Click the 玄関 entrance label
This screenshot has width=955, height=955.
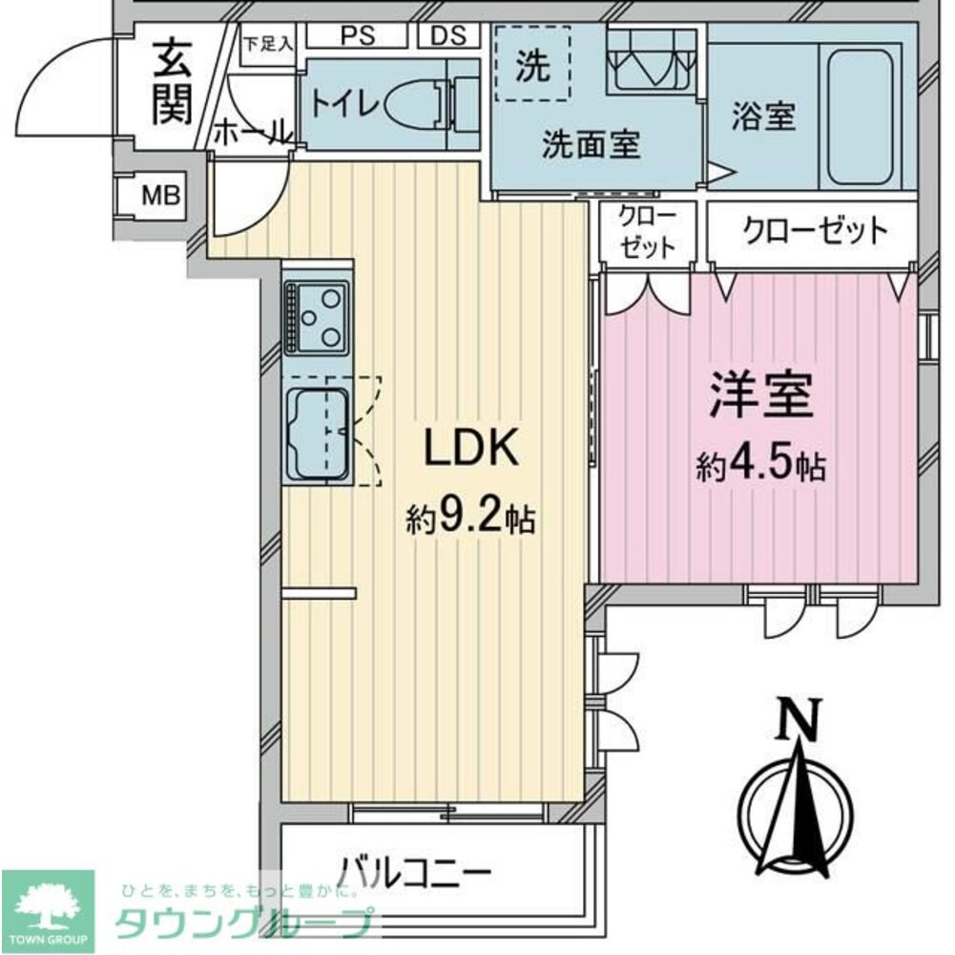[173, 81]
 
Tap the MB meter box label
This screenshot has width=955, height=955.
[159, 197]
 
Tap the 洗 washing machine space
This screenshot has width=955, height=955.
[530, 65]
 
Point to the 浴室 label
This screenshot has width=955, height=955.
[763, 117]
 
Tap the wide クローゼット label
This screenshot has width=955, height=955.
[814, 230]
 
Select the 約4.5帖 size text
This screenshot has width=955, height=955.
[760, 466]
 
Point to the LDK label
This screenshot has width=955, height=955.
[470, 447]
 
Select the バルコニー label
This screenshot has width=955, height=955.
[415, 871]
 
